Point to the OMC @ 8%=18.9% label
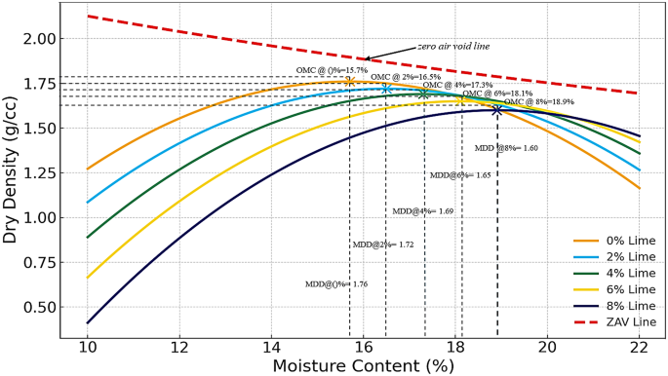point(539,101)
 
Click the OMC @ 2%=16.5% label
point(406,77)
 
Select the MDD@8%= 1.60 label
point(506,148)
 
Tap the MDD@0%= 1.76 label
point(336,284)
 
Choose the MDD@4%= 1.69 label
point(423,211)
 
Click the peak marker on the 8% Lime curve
point(497,110)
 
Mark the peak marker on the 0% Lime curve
point(349,82)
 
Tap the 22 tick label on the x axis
point(640,348)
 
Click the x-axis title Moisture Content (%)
point(363,366)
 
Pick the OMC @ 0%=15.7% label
point(332,71)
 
